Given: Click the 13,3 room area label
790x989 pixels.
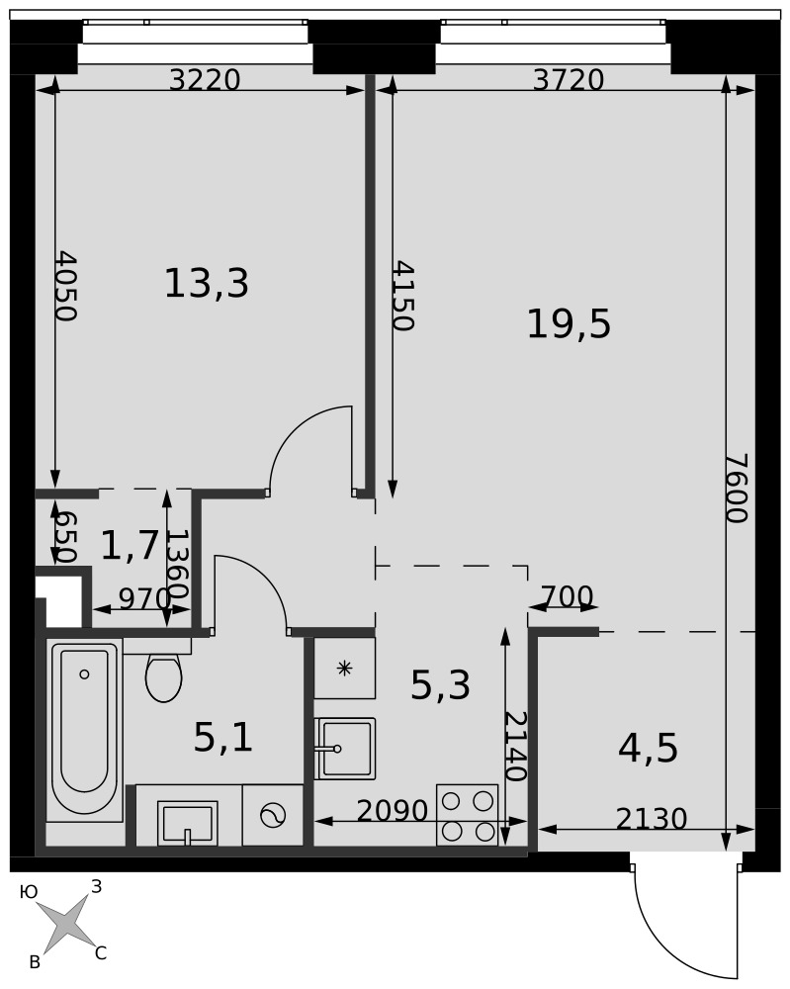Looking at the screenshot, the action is tap(207, 283).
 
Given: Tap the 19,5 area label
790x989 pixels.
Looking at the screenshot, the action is tap(569, 324).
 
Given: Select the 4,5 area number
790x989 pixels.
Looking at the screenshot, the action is tap(649, 749).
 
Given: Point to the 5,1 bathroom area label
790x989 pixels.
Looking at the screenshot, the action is tap(223, 738).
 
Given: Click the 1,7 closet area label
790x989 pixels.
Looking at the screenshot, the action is tap(129, 546).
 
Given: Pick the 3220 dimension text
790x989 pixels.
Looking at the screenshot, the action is tap(206, 80).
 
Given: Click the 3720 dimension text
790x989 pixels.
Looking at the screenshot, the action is tap(569, 80).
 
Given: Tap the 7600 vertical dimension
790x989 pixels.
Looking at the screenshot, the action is tap(736, 488).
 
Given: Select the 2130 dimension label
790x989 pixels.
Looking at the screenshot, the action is tap(652, 819).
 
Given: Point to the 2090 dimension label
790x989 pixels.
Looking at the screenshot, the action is tap(393, 811).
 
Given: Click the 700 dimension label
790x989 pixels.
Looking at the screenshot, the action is tap(568, 596).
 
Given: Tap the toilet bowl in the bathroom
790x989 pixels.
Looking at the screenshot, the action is tap(163, 677).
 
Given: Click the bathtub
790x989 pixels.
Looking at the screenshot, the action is tap(84, 731).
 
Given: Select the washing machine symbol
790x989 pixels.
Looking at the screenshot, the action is tap(273, 815).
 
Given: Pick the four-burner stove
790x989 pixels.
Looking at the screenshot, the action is tap(468, 815).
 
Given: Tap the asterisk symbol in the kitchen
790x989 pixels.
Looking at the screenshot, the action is tap(344, 668).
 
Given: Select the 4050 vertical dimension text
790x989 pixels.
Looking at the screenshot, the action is tap(65, 287).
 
